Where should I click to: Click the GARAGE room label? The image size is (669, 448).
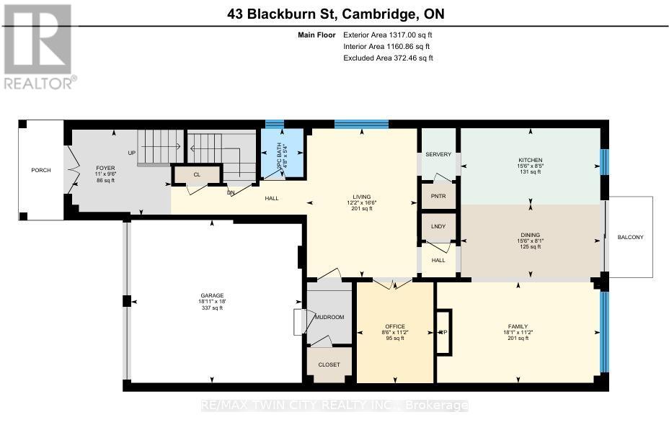pyautogui.click(x=212, y=295)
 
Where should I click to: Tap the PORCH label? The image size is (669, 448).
pyautogui.click(x=40, y=171)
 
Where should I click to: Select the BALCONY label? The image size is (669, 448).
pyautogui.click(x=629, y=237)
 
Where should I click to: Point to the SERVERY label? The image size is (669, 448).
pyautogui.click(x=438, y=155)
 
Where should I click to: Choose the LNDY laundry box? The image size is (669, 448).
pyautogui.click(x=438, y=227)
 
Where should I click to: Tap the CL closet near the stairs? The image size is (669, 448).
pyautogui.click(x=196, y=174)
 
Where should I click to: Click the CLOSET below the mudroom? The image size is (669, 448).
pyautogui.click(x=329, y=364)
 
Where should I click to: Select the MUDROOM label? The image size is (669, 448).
pyautogui.click(x=329, y=317)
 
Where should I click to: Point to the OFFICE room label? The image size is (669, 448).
pyautogui.click(x=394, y=326)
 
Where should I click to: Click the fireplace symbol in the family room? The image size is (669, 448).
pyautogui.click(x=443, y=333)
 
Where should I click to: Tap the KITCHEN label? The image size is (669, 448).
pyautogui.click(x=530, y=160)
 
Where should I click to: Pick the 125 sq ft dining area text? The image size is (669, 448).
pyautogui.click(x=530, y=247)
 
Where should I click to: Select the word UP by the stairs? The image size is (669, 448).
pyautogui.click(x=131, y=153)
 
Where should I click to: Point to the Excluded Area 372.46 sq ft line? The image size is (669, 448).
pyautogui.click(x=388, y=58)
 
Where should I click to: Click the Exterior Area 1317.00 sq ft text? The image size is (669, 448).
pyautogui.click(x=388, y=35)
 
